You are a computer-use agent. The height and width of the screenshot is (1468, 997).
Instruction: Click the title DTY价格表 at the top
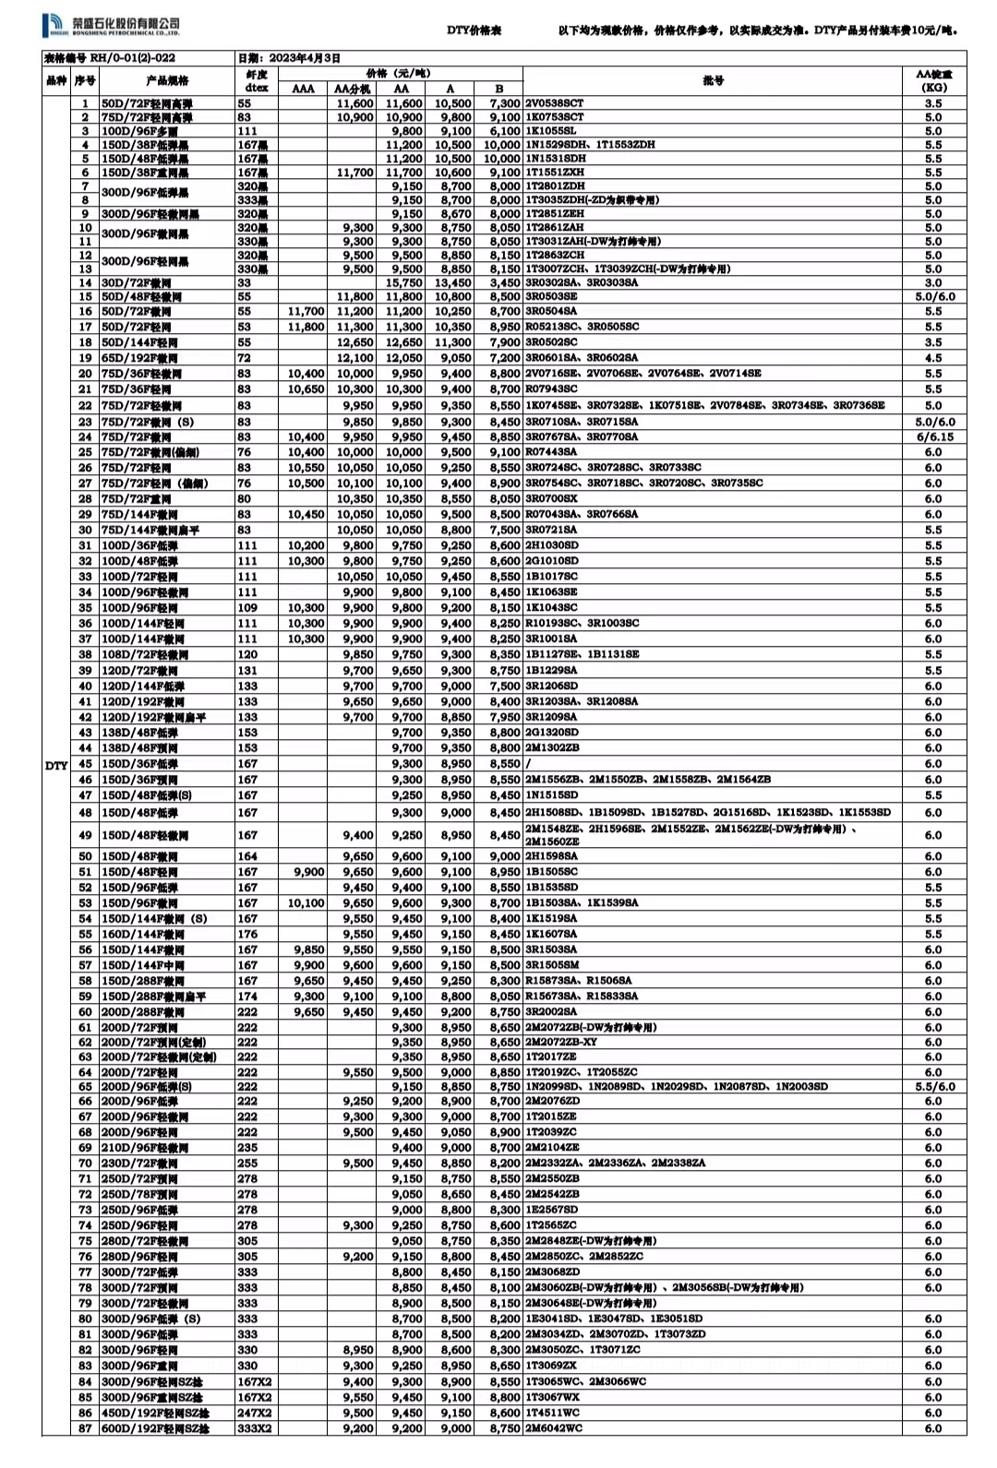point(474,30)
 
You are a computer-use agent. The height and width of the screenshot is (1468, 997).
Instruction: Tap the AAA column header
point(303,90)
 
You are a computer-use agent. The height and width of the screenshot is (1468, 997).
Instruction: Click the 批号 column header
point(713,80)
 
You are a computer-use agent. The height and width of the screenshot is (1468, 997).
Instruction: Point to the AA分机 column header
point(352,90)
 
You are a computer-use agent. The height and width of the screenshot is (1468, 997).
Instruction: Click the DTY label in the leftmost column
point(56,765)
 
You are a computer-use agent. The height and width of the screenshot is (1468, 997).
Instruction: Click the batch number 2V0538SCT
point(555,104)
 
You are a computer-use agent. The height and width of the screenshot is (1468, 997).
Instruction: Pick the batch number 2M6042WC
point(554,1428)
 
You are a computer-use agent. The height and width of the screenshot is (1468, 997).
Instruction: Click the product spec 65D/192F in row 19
point(139,358)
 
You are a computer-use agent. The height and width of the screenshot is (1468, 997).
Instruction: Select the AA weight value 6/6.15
point(933,437)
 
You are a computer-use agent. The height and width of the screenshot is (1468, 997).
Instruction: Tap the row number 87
point(85,1428)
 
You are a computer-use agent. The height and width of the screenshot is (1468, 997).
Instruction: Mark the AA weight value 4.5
point(933,358)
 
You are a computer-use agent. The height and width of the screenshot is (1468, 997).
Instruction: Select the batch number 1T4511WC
point(553,1413)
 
